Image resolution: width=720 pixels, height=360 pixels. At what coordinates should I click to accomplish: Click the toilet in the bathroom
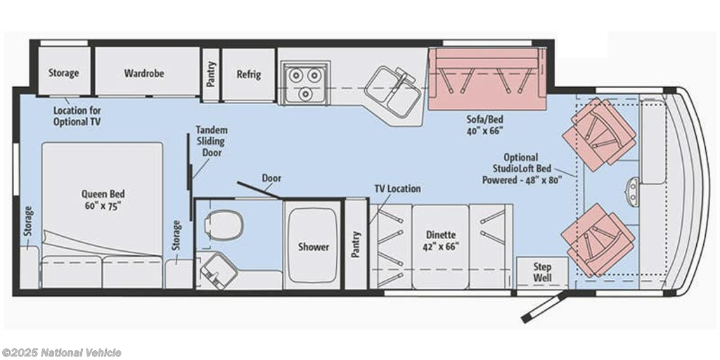pyautogui.click(x=223, y=224)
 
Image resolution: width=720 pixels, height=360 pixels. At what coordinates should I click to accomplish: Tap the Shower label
pyautogui.click(x=314, y=247)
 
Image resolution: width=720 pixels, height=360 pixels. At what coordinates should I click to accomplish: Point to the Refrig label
pyautogui.click(x=249, y=75)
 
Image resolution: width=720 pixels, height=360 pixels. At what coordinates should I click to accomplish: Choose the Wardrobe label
pyautogui.click(x=143, y=73)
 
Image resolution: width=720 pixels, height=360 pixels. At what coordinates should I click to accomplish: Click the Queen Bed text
pyautogui.click(x=103, y=194)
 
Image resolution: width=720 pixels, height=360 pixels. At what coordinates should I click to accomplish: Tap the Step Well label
pyautogui.click(x=542, y=272)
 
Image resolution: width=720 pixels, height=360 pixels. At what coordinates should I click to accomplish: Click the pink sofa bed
pyautogui.click(x=487, y=79)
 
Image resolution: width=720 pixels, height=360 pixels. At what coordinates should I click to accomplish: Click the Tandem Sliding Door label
pyautogui.click(x=212, y=141)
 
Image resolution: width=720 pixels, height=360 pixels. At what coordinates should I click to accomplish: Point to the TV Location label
pyautogui.click(x=397, y=188)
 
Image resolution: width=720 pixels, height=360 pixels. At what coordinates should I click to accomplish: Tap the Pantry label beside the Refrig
pyautogui.click(x=211, y=74)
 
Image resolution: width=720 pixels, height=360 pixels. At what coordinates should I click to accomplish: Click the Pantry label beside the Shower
pyautogui.click(x=356, y=244)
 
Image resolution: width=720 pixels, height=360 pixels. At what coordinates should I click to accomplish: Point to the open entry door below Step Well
pyautogui.click(x=545, y=307)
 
